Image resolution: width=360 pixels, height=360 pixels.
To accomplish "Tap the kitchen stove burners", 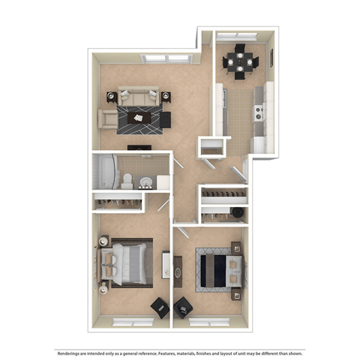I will click(259, 112).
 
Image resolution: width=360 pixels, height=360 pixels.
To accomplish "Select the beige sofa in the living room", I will click(138, 96).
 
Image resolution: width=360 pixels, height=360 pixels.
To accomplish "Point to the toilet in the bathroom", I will click(128, 180).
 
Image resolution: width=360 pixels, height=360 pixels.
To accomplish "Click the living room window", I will click(166, 57).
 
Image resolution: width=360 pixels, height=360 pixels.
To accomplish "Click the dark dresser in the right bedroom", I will click(178, 269).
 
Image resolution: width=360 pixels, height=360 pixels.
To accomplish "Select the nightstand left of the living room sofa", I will click(111, 96).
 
